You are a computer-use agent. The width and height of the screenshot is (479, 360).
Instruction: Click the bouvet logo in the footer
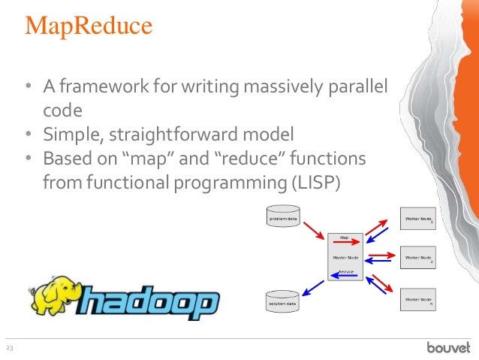click(x=448, y=347)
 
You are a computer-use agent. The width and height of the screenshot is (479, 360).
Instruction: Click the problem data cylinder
click(x=283, y=219)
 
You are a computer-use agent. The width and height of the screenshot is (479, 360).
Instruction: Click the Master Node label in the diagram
click(x=345, y=257)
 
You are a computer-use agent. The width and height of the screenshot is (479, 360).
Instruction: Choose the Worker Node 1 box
click(x=417, y=218)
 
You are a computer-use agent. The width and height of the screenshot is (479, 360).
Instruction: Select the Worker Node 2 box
click(x=417, y=258)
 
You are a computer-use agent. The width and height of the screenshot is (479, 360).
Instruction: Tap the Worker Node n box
click(x=417, y=300)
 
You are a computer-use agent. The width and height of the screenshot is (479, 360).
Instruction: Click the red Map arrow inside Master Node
click(x=345, y=243)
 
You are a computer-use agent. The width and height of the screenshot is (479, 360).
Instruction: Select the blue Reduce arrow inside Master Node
click(x=345, y=276)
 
